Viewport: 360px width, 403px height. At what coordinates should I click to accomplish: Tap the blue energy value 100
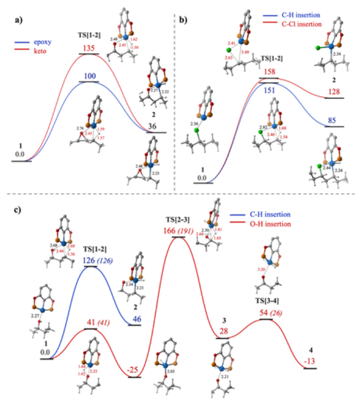click(x=88, y=77)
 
